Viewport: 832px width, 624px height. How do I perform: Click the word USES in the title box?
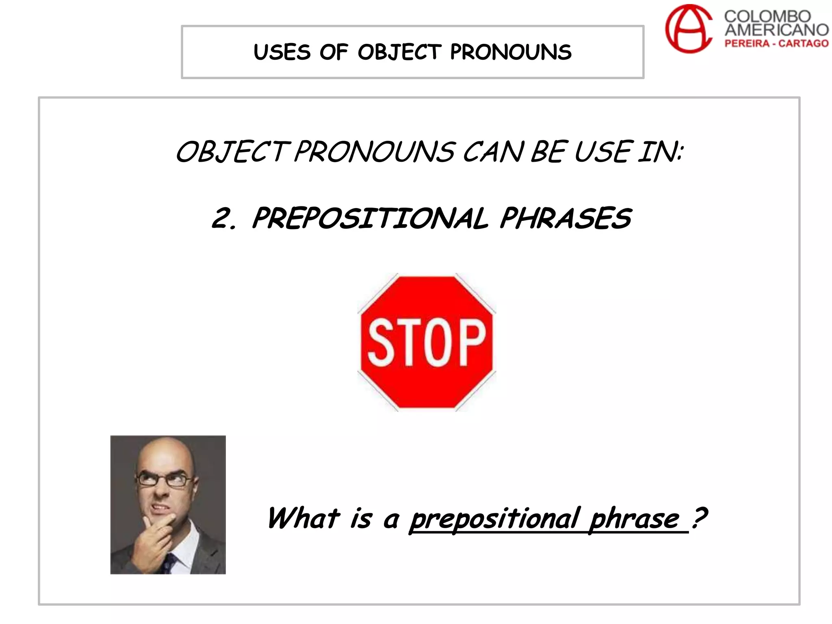[x=282, y=52]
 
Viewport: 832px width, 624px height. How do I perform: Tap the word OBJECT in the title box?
[x=399, y=52]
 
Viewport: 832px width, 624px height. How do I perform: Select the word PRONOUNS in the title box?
[x=511, y=52]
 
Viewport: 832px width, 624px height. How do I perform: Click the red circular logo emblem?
[x=688, y=29]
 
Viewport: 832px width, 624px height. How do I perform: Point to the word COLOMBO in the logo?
[x=767, y=16]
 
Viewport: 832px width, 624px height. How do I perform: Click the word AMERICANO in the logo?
[x=776, y=30]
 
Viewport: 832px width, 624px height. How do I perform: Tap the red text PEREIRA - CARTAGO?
[x=776, y=43]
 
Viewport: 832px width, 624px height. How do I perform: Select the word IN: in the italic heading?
[x=660, y=152]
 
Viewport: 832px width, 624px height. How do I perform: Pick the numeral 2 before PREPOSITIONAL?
[x=222, y=218]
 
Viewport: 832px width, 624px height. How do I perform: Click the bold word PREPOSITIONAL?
[x=370, y=218]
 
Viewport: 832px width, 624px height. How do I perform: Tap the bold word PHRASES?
[x=565, y=218]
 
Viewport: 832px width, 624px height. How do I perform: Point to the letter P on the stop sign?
[x=472, y=342]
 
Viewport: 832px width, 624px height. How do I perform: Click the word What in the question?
[x=303, y=519]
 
